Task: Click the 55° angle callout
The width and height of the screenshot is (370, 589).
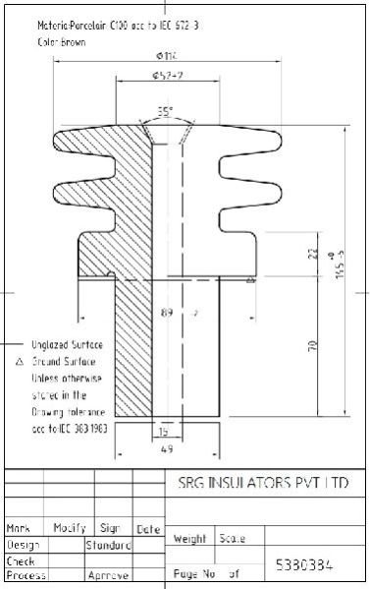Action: coord(165,111)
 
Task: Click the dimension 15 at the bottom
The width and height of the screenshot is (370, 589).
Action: coord(164,431)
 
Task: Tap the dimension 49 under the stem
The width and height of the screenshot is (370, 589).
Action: coord(167,449)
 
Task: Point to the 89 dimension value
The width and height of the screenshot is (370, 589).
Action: coord(167,314)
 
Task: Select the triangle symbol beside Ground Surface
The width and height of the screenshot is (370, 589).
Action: coord(19,362)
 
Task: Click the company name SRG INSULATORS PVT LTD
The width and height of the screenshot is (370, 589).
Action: coord(264,484)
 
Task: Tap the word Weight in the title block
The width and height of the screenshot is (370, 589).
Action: coord(188,538)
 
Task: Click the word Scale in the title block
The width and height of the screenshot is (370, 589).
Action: coord(233,538)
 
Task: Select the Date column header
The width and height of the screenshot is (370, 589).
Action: coord(148,529)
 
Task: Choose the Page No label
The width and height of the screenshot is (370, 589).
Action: coord(193,571)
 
